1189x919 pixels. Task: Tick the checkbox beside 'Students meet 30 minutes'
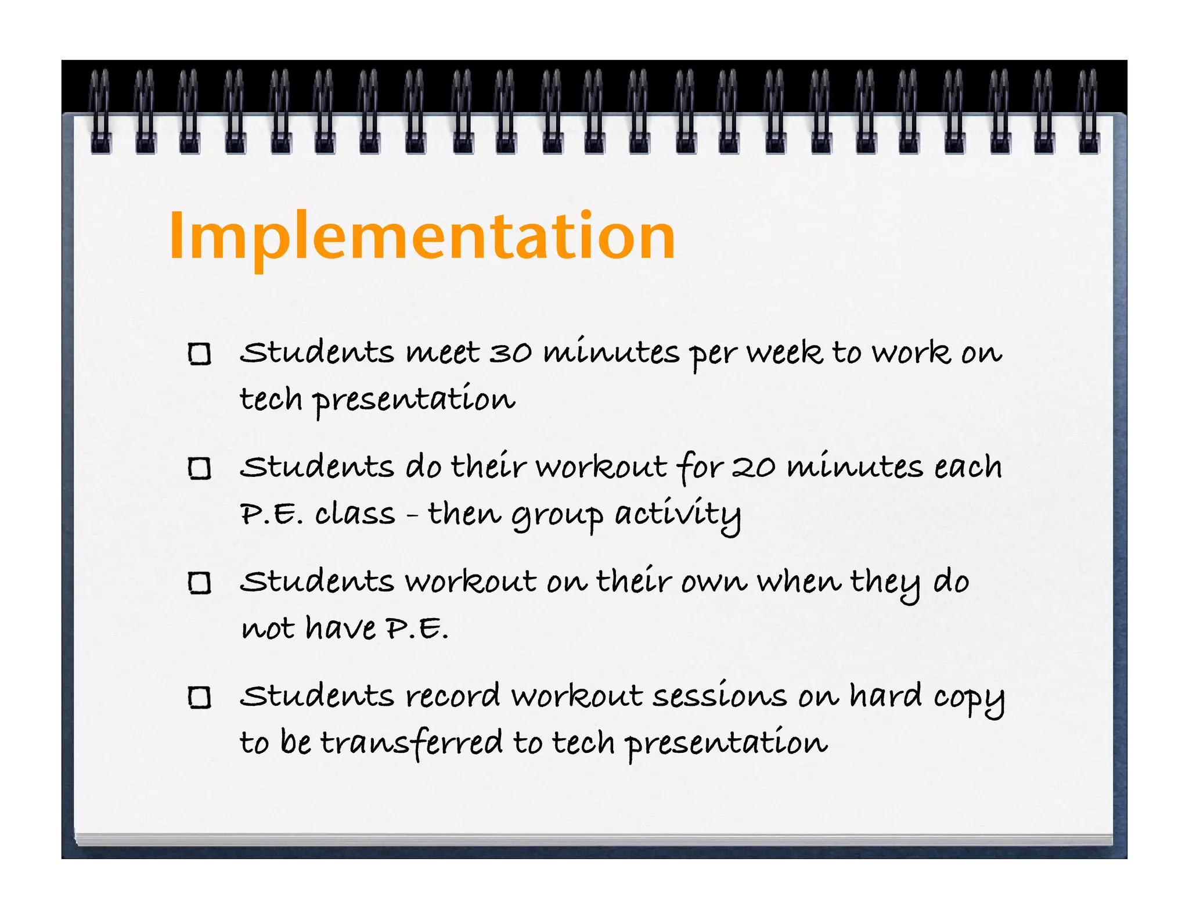pos(200,354)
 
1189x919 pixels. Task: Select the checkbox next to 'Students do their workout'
pos(200,468)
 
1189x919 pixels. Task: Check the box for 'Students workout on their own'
pos(200,583)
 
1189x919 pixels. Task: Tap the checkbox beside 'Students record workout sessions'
pos(200,697)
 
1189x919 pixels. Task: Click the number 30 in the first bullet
pos(510,353)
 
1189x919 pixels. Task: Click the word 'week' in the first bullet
pos(784,352)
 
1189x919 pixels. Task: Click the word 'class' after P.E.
pos(355,514)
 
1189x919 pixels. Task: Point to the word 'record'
pos(452,696)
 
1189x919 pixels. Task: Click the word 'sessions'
pos(719,696)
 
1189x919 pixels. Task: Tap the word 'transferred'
pos(412,743)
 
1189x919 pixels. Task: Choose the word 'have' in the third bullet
pos(341,628)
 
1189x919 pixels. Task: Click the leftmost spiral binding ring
pos(100,111)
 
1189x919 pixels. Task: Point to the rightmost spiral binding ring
pos(1088,111)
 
